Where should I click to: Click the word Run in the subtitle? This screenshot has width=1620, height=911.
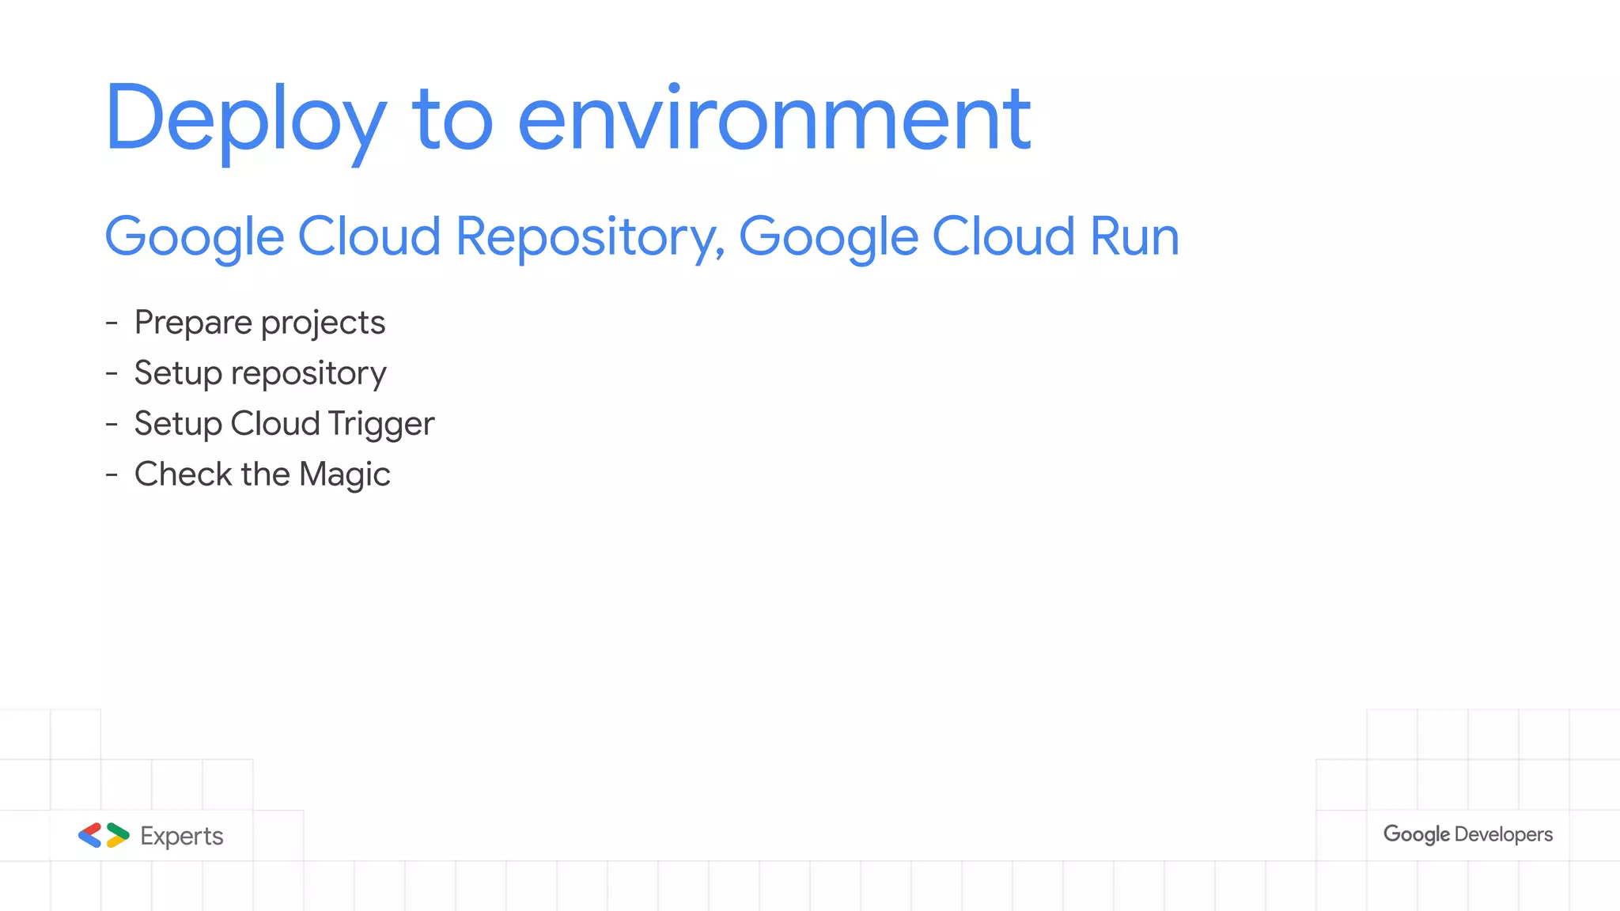[1134, 236]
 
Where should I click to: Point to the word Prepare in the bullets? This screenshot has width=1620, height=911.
[193, 323]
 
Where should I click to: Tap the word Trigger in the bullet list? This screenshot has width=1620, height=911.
[380, 424]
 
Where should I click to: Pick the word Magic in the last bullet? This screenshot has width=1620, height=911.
[344, 474]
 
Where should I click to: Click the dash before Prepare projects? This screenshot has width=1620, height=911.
[112, 323]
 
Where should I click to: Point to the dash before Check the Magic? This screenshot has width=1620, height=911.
[112, 474]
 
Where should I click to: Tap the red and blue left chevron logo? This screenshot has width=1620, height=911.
[89, 835]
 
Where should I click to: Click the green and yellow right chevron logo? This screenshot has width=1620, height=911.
[118, 835]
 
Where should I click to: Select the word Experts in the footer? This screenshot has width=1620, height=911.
[182, 836]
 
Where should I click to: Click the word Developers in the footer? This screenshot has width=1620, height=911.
[1503, 834]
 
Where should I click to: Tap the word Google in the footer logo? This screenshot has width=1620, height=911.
[1417, 834]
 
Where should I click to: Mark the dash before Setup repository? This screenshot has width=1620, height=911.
[112, 373]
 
